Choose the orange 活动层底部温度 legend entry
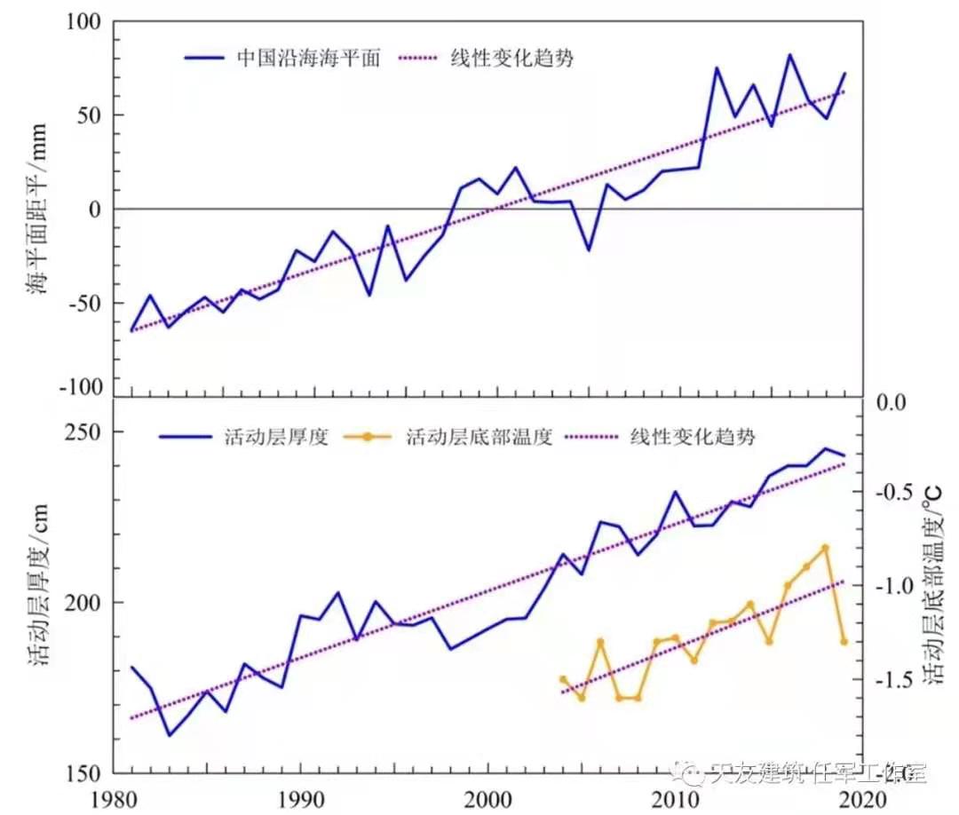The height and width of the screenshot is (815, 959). [x=479, y=437]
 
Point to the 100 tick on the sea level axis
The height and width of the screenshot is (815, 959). [x=83, y=21]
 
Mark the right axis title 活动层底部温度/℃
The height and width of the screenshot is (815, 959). [x=934, y=586]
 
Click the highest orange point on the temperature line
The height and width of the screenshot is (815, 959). [x=825, y=548]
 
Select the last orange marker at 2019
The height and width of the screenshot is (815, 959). [x=844, y=641]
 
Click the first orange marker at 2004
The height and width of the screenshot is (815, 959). [x=563, y=679]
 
